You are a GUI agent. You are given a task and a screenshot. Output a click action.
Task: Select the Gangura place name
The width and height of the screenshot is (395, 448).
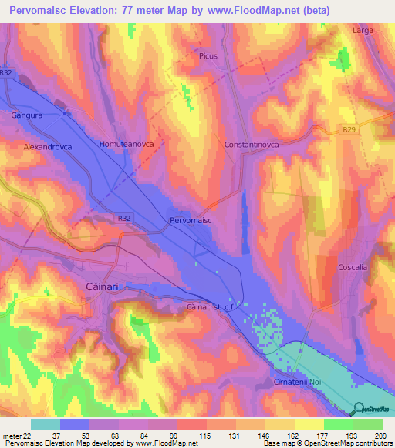pyautogui.click(x=27, y=115)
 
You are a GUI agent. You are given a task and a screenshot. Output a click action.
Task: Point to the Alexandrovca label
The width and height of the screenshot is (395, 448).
pyautogui.click(x=49, y=145)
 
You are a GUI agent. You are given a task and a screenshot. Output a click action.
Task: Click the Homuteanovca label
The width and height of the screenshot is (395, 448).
pyautogui.click(x=127, y=144)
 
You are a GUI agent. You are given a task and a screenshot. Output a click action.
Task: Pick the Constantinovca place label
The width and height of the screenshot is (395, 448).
pyautogui.click(x=255, y=144)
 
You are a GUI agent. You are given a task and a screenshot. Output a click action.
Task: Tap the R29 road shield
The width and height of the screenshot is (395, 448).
pyautogui.click(x=349, y=132)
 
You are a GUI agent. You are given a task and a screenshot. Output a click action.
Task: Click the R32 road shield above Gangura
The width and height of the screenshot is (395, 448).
pyautogui.click(x=6, y=72)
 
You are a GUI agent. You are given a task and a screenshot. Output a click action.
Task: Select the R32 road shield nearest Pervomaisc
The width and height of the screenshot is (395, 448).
pyautogui.click(x=125, y=219)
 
